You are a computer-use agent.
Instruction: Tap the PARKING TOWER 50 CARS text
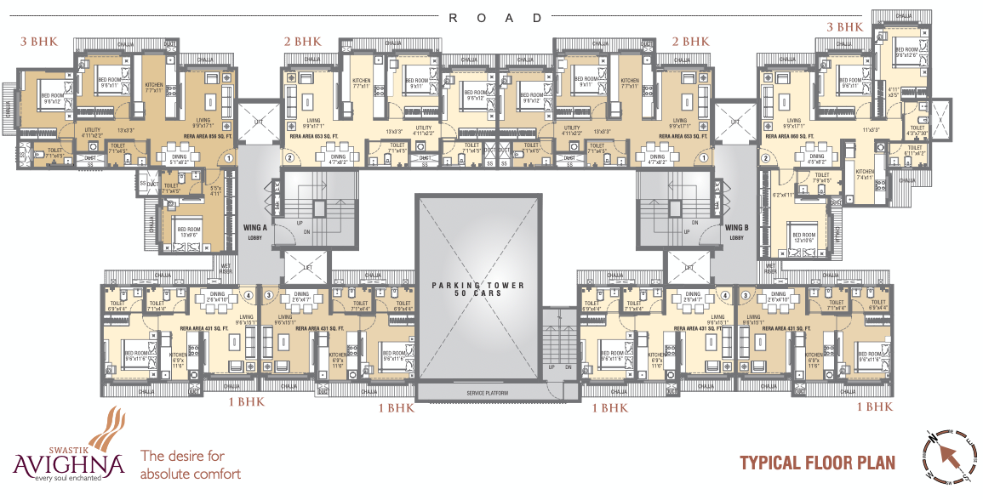(477, 289)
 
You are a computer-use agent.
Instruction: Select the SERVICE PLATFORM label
(478, 393)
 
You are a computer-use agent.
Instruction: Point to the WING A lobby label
(255, 230)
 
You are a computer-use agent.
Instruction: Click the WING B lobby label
(735, 230)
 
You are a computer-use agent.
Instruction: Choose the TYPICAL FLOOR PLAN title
(817, 463)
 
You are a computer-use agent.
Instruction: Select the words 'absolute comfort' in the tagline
(190, 474)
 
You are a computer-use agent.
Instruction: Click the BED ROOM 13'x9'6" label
(188, 231)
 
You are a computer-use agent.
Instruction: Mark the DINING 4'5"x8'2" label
(817, 158)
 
